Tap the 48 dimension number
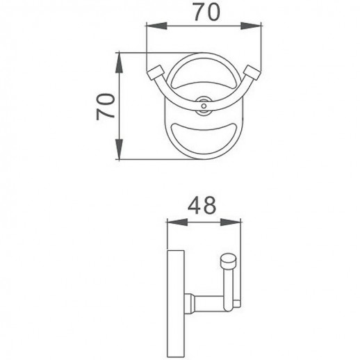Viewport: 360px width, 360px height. click(203, 206)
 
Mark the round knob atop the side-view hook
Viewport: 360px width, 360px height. click(227, 262)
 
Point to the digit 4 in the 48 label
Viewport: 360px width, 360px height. click(194, 206)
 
